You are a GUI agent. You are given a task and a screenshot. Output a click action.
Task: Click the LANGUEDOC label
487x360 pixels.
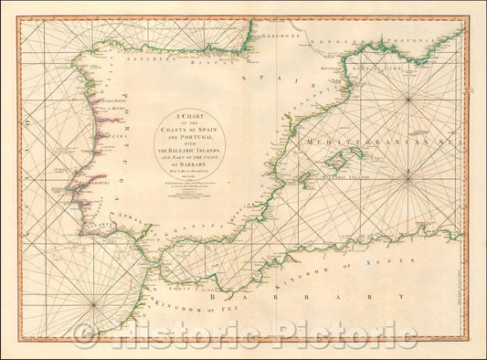(x=332, y=41)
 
